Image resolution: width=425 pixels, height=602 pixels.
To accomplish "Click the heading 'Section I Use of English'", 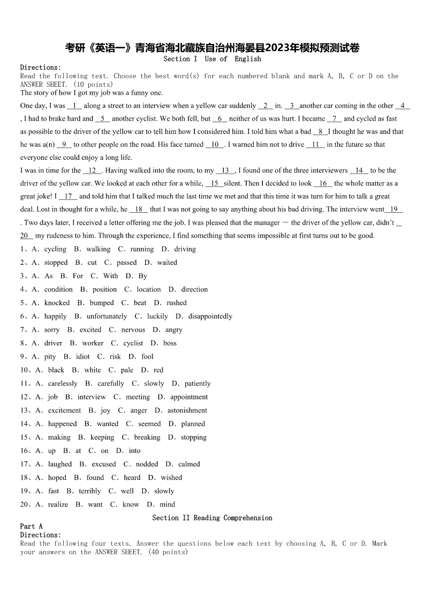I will click(212, 59).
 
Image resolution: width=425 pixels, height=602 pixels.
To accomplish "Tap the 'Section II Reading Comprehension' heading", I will click(212, 518).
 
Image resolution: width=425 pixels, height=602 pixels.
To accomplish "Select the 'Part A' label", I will click(31, 526).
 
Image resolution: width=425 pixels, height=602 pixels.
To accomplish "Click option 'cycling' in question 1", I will click(55, 249).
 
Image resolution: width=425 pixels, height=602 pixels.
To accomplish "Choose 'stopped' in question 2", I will click(56, 263).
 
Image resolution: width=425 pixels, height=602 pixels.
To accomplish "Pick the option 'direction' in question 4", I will click(194, 289).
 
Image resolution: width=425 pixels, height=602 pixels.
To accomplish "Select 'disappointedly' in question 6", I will click(210, 316).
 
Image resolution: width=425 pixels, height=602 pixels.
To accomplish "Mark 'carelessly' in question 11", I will click(63, 384).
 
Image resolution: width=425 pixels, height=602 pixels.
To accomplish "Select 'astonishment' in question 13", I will click(187, 411).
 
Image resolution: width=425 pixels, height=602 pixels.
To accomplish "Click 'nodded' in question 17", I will click(147, 464).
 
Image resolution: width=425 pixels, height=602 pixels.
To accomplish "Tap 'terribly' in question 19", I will click(90, 491).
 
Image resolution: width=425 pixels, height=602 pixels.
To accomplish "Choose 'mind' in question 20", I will click(168, 504).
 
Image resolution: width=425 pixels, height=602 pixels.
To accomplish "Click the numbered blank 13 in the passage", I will click(225, 170).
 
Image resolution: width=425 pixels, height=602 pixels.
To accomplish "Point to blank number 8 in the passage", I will click(321, 132).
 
